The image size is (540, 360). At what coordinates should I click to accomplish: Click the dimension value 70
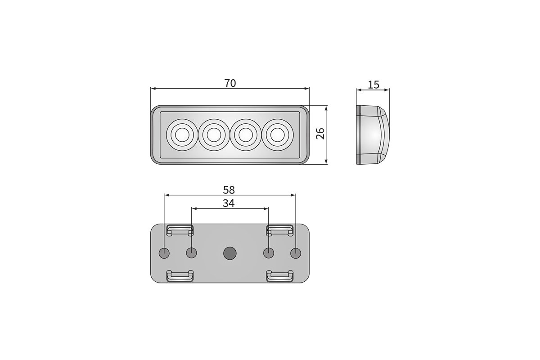(230, 83)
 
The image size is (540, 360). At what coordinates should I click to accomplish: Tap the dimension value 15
(373, 84)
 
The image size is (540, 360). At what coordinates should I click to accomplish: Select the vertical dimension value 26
(320, 134)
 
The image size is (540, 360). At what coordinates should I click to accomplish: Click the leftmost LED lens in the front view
(182, 134)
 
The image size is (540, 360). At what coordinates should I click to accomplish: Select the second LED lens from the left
(213, 134)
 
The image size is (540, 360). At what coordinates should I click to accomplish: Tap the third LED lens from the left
(245, 134)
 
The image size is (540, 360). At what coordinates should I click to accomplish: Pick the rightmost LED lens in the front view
(277, 134)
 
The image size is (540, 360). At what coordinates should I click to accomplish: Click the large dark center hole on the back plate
(230, 253)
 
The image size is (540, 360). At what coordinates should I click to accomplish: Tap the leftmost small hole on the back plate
(165, 253)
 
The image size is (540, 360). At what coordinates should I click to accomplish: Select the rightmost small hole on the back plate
(295, 253)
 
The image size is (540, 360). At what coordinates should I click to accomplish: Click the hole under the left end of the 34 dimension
(192, 253)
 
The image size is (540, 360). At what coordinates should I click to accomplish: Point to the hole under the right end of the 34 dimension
(268, 253)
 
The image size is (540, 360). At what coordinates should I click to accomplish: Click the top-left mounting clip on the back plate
(180, 230)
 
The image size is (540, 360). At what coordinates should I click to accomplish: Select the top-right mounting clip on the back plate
(279, 230)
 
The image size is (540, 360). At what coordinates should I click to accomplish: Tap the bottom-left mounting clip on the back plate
(180, 276)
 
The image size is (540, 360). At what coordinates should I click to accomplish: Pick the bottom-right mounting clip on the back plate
(279, 276)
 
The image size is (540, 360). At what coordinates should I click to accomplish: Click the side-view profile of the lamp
(373, 135)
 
